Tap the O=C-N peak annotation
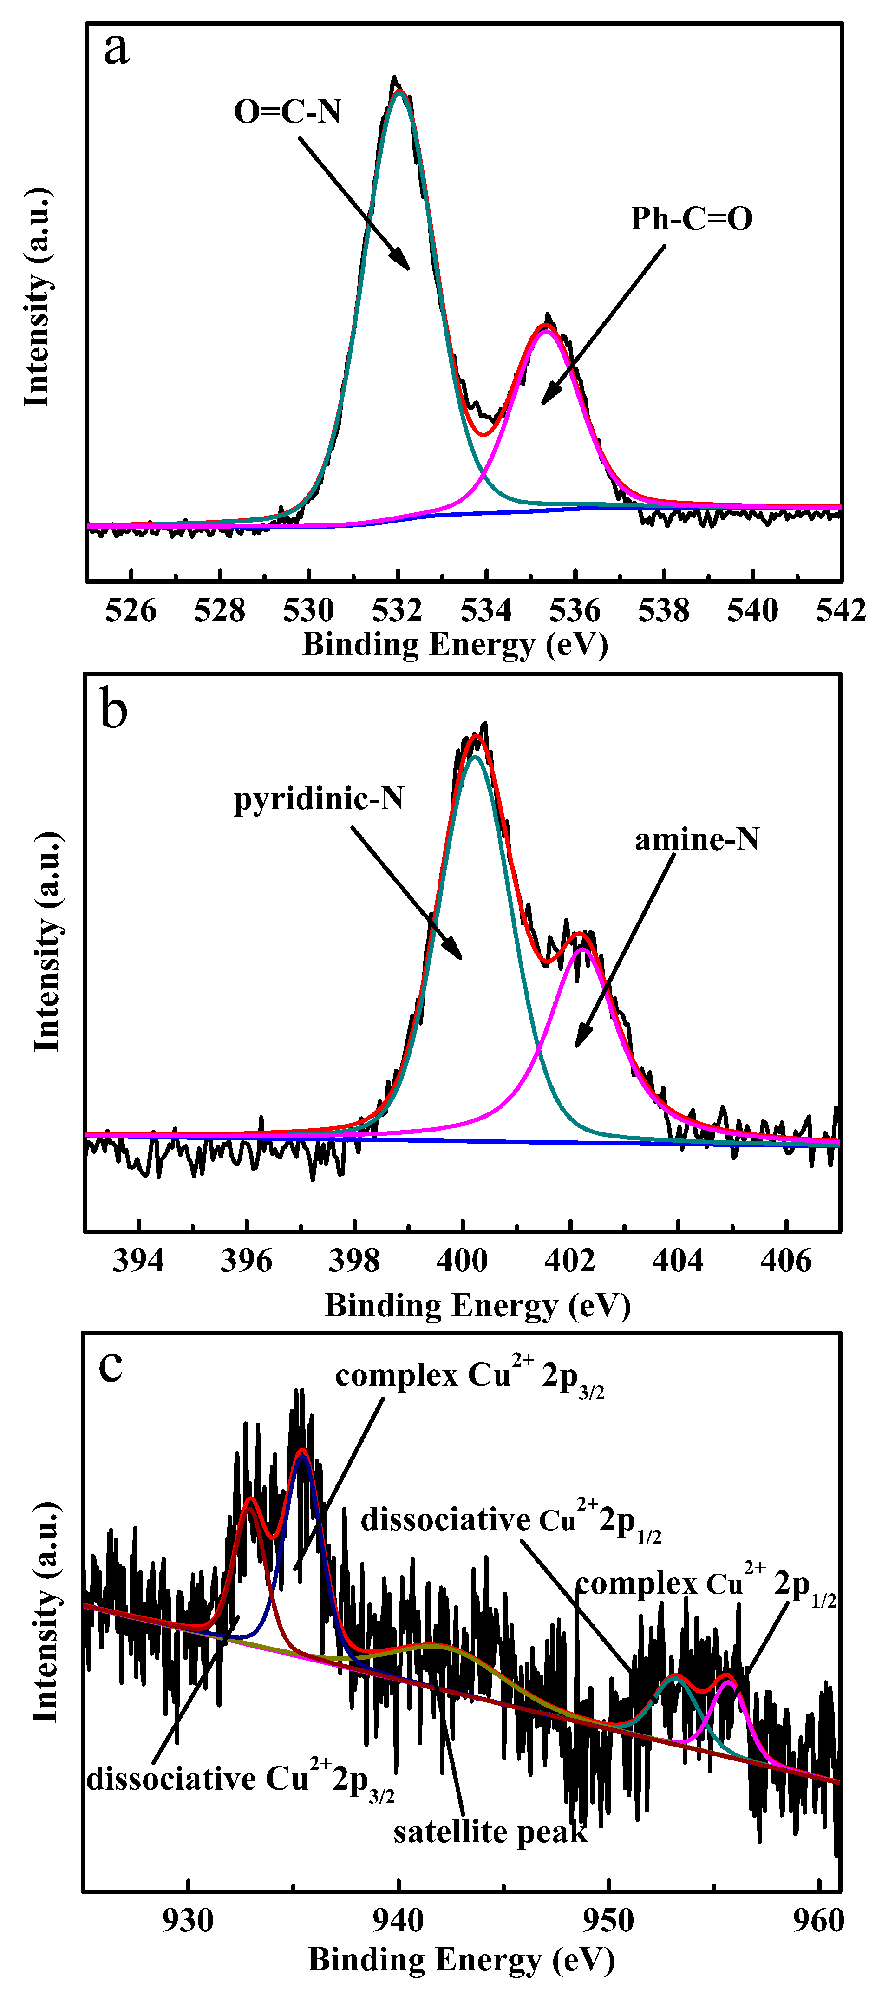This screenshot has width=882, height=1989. (x=287, y=112)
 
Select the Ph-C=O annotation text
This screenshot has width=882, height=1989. (x=691, y=219)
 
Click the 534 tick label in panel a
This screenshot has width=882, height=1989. (x=486, y=611)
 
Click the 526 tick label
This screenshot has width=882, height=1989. (x=131, y=611)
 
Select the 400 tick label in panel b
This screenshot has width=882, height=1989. (x=462, y=1261)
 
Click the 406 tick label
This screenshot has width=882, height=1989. (x=785, y=1261)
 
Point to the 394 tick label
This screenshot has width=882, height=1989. (x=138, y=1261)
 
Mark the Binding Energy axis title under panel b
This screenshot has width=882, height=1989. (x=477, y=1306)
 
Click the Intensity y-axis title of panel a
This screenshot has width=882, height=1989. (x=37, y=297)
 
